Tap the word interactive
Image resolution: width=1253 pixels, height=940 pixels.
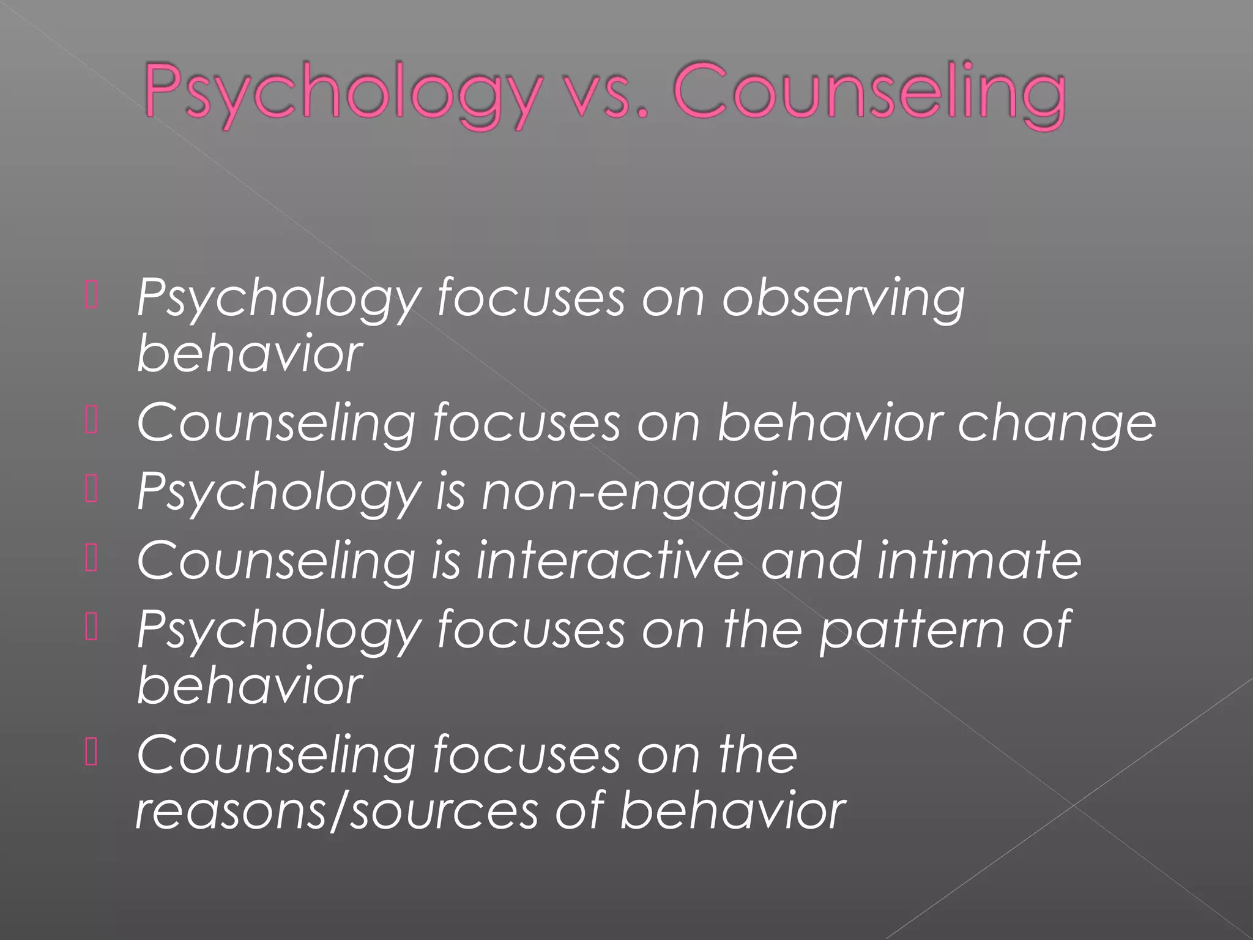click(609, 559)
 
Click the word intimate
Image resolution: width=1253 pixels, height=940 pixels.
click(979, 559)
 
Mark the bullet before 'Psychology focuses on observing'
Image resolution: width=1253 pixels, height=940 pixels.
click(91, 297)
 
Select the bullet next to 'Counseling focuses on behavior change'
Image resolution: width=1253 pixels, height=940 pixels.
click(91, 422)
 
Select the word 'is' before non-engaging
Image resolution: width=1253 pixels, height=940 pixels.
click(450, 492)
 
